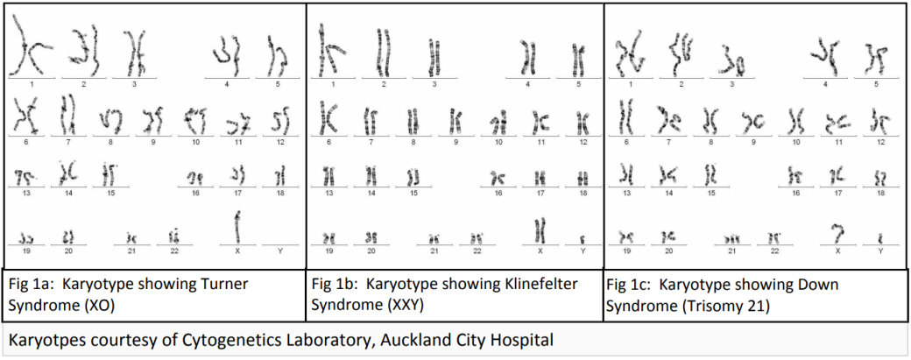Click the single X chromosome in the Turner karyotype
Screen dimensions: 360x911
pos(237,229)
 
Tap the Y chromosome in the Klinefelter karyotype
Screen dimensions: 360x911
pos(583,237)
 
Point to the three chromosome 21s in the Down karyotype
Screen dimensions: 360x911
pos(731,237)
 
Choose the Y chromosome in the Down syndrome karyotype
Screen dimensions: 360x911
pos(880,236)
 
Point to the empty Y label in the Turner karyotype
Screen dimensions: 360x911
pos(279,251)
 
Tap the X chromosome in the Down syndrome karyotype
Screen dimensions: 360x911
pos(839,232)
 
